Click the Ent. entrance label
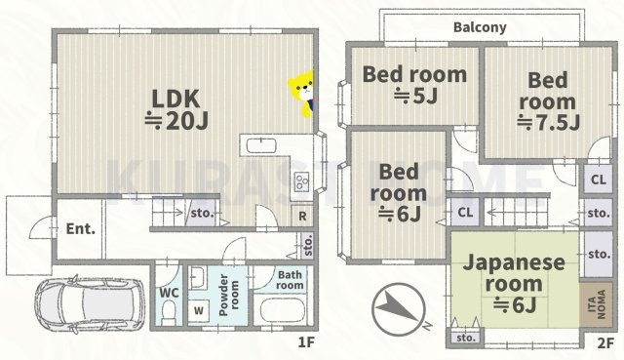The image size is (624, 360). [80, 230]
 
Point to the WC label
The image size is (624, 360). [167, 291]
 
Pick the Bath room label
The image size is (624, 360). [291, 281]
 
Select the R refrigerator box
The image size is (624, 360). [303, 217]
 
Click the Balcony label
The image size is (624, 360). [480, 28]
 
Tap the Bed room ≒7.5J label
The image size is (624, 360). [549, 100]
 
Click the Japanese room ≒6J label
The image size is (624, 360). [514, 284]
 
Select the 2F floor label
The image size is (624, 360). [604, 343]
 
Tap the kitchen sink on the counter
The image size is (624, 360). [264, 146]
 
